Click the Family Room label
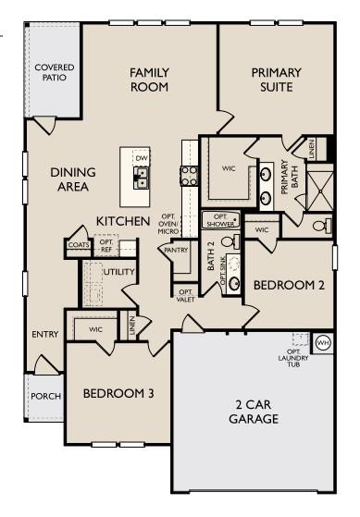(x=149, y=80)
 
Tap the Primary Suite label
(x=276, y=80)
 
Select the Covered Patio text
(x=55, y=73)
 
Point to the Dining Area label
(x=69, y=178)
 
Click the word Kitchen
(x=123, y=222)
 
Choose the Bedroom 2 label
(x=289, y=286)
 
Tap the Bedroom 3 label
(x=118, y=394)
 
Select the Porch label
(x=45, y=396)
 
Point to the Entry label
(x=44, y=335)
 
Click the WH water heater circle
(x=323, y=342)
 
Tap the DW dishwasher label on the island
(x=142, y=159)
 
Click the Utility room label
(x=119, y=272)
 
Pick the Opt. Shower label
(x=220, y=220)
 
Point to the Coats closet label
(x=78, y=245)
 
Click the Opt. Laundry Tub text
(x=299, y=357)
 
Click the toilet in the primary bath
(x=320, y=225)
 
